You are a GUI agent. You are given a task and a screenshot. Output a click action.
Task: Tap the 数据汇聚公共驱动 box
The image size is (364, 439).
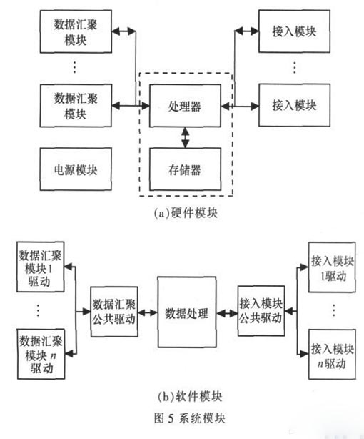pos(113,313)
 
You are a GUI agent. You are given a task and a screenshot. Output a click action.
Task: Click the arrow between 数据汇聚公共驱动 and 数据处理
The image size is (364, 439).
pos(147,313)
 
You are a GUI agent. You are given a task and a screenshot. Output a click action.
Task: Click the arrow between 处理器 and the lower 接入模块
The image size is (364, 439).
pos(240,106)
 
